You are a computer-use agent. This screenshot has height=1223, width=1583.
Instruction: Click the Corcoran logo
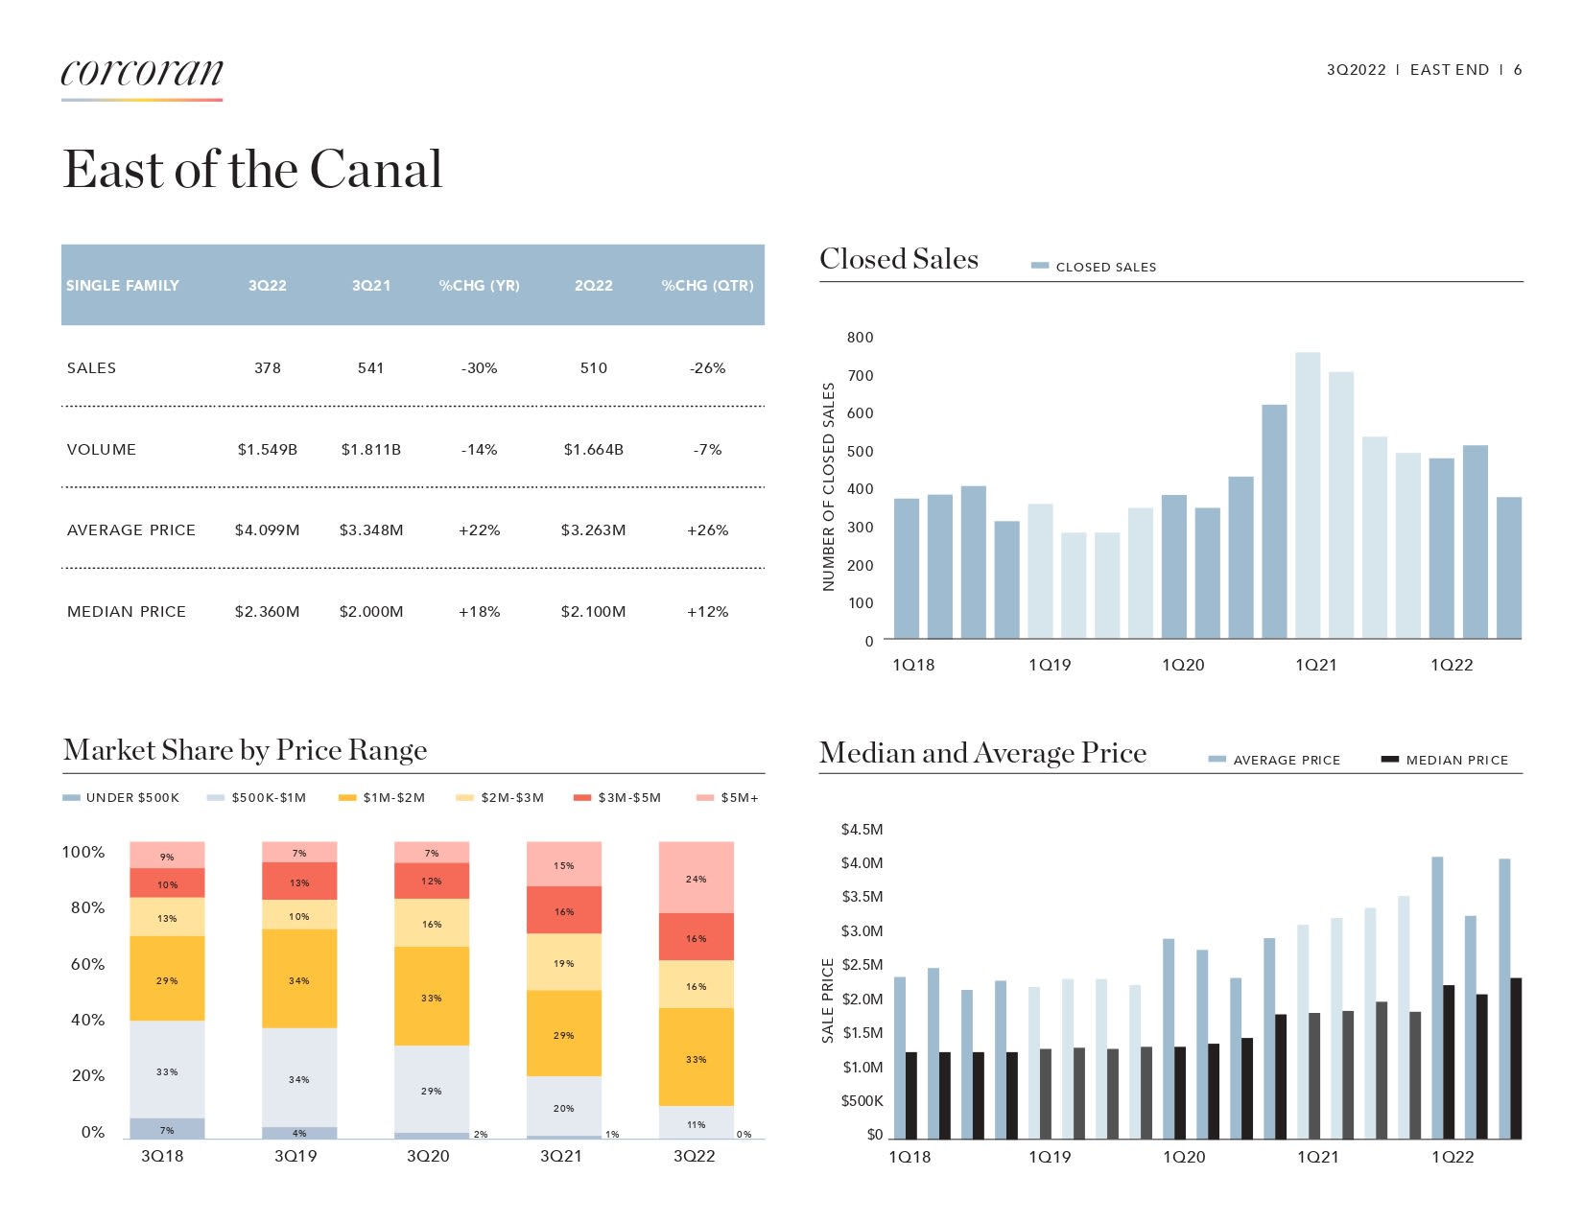tap(142, 73)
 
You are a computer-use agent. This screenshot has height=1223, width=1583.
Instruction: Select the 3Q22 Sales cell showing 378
tap(268, 368)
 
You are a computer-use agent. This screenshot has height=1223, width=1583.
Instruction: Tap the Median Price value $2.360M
tap(267, 612)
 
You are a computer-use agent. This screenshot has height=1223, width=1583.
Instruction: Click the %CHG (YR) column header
tap(479, 286)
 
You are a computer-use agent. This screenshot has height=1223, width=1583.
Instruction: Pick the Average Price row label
tap(131, 530)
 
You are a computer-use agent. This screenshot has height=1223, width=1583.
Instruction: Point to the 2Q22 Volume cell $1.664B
tap(593, 450)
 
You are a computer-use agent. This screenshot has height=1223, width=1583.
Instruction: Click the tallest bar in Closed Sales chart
tap(1307, 494)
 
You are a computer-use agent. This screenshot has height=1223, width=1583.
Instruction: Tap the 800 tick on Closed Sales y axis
tap(860, 338)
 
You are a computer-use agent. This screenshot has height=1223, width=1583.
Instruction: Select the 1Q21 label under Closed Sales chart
tap(1315, 666)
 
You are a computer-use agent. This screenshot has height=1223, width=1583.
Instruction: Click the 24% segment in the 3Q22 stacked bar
tap(696, 878)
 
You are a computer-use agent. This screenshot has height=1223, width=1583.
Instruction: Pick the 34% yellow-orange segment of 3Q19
tap(299, 979)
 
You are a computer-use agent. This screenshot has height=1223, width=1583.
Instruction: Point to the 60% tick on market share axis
tap(87, 964)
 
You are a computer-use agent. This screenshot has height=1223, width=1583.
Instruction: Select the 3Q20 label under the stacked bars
tap(428, 1157)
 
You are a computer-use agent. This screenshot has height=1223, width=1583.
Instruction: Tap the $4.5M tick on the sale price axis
tap(862, 830)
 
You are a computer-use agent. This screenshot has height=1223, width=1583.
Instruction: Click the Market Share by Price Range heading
tap(246, 750)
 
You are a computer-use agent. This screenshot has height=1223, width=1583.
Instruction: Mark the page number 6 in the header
tap(1518, 70)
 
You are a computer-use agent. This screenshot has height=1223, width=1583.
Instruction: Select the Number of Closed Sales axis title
tap(829, 486)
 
